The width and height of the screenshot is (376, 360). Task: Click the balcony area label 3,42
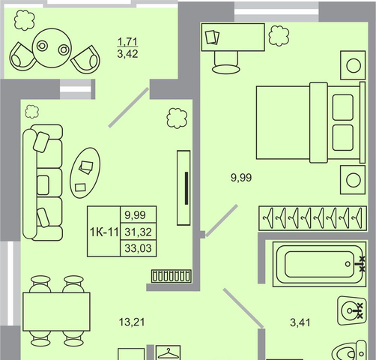(x=127, y=54)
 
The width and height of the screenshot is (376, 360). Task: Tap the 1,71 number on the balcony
(x=127, y=41)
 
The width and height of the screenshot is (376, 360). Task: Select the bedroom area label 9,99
(x=241, y=178)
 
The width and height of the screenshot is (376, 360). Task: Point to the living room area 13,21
(x=132, y=322)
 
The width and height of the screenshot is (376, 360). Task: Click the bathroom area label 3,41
(x=300, y=322)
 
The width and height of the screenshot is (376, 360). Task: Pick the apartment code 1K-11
(x=104, y=232)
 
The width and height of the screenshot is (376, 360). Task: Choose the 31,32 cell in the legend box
(x=139, y=232)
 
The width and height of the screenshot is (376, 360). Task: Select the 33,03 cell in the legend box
(x=139, y=248)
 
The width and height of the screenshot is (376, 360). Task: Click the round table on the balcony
(x=52, y=48)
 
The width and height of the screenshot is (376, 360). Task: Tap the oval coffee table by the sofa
(x=85, y=172)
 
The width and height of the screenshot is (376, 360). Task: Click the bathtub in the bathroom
(x=319, y=264)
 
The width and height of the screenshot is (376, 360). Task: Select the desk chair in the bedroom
(x=226, y=62)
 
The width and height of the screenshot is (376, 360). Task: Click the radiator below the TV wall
(x=172, y=276)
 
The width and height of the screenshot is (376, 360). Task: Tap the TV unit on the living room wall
(x=184, y=187)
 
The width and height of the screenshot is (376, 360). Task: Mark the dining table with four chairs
(x=56, y=311)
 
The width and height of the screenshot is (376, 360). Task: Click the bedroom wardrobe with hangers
(x=312, y=218)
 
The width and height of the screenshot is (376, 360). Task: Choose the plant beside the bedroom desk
(x=279, y=36)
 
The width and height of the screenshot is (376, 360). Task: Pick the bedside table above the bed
(x=353, y=65)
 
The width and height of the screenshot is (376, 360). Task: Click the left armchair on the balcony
(x=22, y=58)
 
